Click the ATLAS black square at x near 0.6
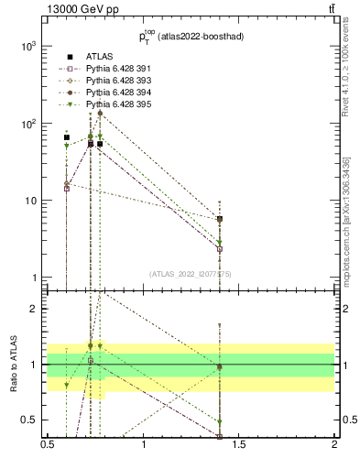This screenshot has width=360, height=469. [x=67, y=137]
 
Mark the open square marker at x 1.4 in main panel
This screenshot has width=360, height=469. [x=220, y=248]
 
